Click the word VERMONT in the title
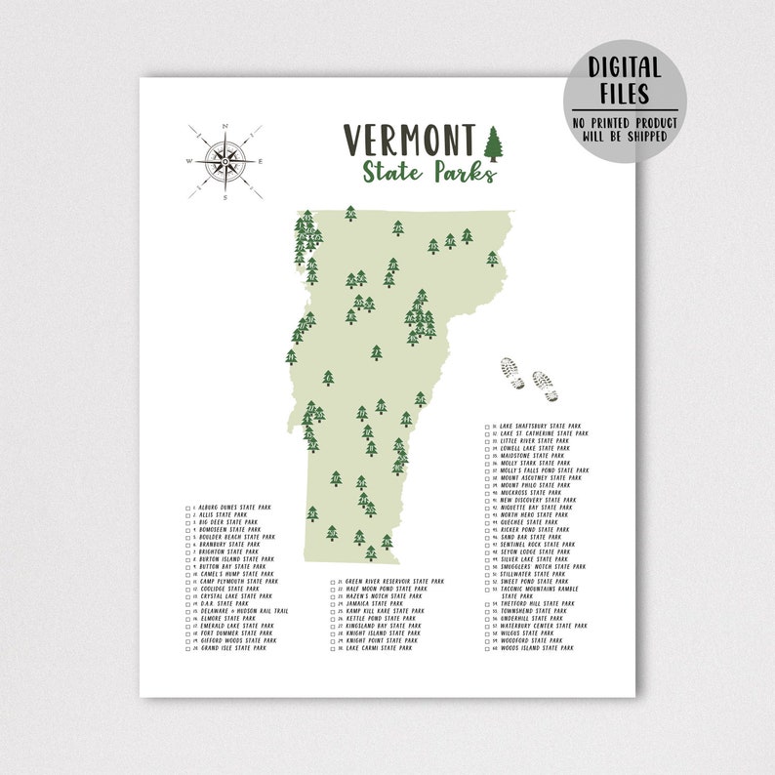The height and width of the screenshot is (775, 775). (x=409, y=141)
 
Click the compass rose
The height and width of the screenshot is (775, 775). (x=225, y=159)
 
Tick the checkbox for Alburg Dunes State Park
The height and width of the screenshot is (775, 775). (x=187, y=508)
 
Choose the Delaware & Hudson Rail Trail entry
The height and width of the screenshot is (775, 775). (x=242, y=611)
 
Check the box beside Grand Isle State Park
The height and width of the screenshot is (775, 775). (x=187, y=648)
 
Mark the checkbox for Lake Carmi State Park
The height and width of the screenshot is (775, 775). (x=334, y=648)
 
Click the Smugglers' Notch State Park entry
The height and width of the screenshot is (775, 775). (x=542, y=566)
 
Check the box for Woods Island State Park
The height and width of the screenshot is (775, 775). (x=487, y=648)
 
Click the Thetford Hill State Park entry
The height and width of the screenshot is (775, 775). (x=537, y=603)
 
